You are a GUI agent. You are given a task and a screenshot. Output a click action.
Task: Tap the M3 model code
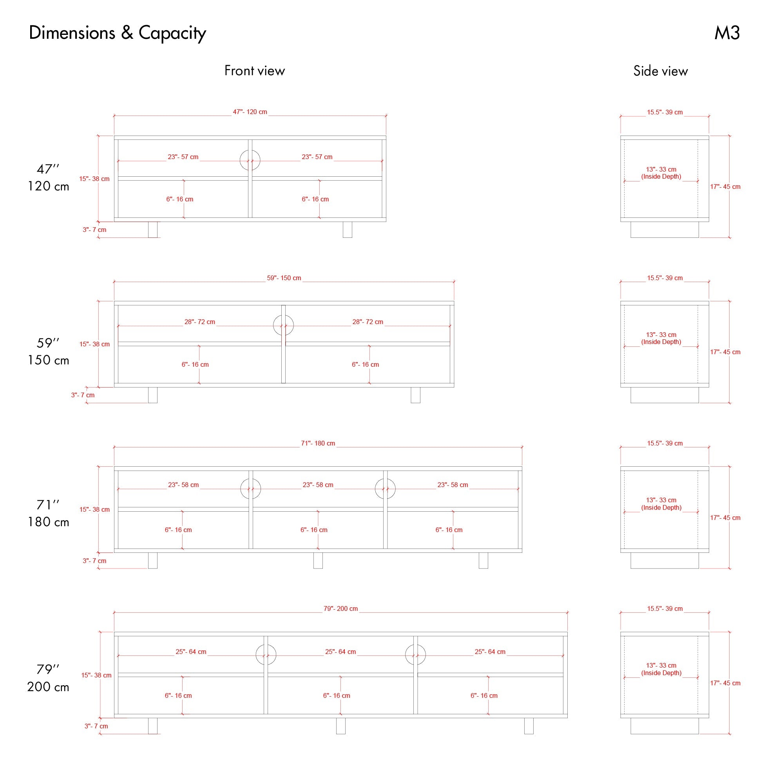coord(727,33)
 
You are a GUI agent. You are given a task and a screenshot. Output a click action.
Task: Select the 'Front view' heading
coord(255,71)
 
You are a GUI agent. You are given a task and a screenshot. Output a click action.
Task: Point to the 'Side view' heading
coord(661,71)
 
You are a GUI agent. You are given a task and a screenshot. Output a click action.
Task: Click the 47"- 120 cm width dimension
coord(250,112)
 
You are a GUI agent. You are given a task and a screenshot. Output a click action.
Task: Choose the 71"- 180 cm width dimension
coord(318,443)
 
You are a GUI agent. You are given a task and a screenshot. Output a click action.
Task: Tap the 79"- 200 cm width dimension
coord(340,608)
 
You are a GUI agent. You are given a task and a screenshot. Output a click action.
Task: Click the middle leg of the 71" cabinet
coord(318,560)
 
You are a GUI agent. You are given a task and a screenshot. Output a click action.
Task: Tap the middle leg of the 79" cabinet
coord(340,726)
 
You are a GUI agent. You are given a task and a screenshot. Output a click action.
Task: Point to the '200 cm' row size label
coord(48,687)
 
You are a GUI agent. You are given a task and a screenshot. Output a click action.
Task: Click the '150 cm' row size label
coord(48,360)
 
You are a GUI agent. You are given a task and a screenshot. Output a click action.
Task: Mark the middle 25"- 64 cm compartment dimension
coord(340,652)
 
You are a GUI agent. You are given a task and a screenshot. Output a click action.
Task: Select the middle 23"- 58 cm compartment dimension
coord(318,485)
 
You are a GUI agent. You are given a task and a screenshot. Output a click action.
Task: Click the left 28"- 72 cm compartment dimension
coord(200,322)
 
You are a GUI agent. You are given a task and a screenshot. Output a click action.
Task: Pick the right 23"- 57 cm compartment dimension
coord(317,157)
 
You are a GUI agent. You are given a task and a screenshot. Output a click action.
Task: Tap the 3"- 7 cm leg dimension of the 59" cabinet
coord(83,395)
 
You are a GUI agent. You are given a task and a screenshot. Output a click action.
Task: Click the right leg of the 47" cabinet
coord(348,230)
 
